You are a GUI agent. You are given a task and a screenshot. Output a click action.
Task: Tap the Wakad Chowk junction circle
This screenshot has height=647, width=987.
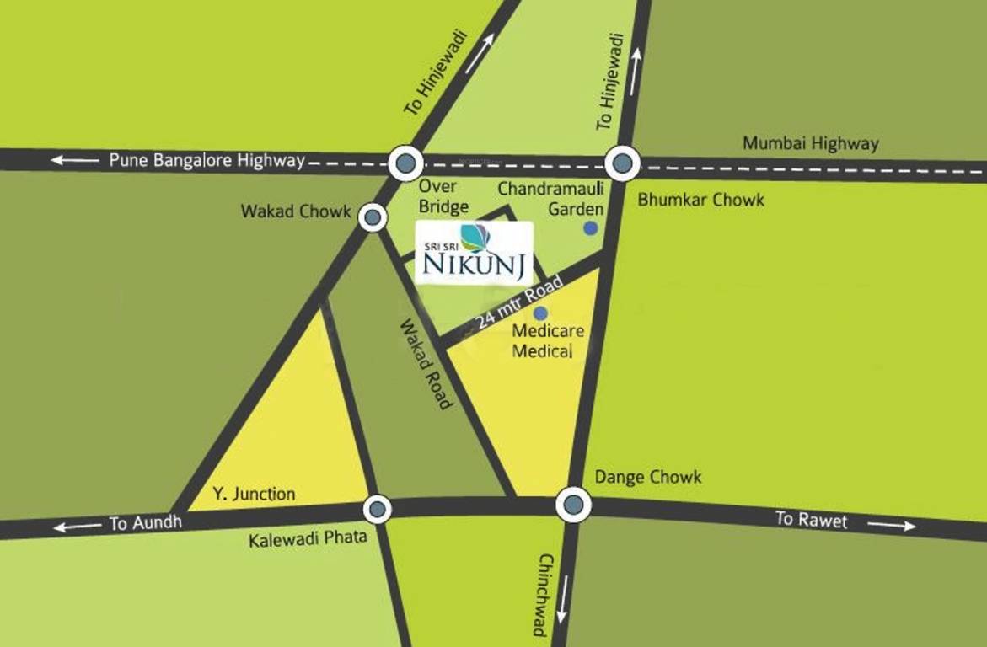tap(373, 217)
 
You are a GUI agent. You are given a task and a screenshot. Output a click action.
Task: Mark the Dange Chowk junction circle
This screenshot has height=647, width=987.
tap(573, 505)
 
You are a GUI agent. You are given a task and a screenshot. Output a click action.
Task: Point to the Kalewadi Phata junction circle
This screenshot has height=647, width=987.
tap(377, 509)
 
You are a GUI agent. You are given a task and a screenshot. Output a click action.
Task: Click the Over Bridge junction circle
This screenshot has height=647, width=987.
tap(406, 163)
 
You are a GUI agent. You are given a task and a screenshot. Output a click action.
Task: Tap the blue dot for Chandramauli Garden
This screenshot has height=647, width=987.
tap(591, 227)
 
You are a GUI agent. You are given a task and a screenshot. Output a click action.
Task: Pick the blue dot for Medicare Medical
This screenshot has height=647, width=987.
tap(540, 313)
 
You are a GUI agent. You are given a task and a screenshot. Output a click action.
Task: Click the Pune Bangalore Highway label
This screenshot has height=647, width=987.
tap(207, 160)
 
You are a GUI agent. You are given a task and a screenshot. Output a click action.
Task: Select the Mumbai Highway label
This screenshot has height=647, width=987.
tap(810, 143)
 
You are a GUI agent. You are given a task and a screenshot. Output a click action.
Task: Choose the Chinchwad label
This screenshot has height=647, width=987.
tap(544, 594)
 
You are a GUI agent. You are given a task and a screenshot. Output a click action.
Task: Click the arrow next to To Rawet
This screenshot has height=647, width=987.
tap(892, 526)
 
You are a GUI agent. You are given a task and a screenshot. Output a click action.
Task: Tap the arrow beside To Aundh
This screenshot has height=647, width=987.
tap(78, 527)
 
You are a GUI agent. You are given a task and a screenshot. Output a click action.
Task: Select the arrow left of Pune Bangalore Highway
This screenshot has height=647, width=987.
tap(74, 159)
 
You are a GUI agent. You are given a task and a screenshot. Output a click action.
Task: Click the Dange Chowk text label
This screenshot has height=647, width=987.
tap(647, 478)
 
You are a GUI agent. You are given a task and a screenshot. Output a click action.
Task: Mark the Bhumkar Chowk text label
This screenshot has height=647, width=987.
tap(700, 200)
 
